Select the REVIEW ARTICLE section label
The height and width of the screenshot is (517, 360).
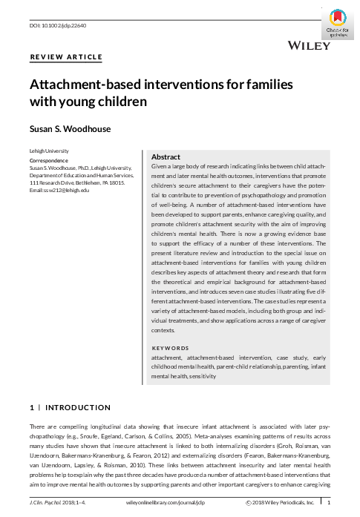coord(65,57)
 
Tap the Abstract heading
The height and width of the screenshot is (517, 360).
coord(166,157)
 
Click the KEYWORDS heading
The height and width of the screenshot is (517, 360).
coord(170,348)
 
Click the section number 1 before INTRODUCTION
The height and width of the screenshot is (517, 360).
coord(31,407)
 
